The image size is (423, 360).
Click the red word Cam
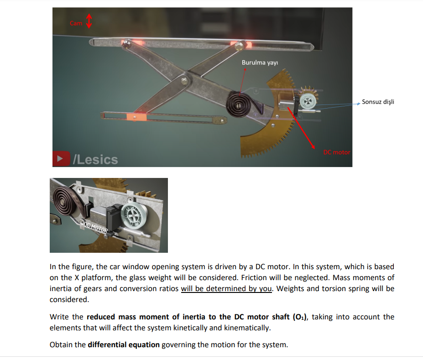(x=76, y=23)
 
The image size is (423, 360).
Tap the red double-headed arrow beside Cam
(x=89, y=20)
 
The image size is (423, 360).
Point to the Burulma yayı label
(x=260, y=62)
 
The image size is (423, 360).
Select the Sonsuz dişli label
(x=378, y=102)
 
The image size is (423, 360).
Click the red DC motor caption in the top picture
(x=337, y=152)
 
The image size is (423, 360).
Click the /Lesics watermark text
(x=95, y=160)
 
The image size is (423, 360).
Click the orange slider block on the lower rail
(x=136, y=117)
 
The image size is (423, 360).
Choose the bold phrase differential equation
(x=124, y=344)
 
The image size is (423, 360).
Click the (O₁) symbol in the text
(x=299, y=317)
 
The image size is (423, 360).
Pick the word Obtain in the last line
(x=61, y=344)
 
